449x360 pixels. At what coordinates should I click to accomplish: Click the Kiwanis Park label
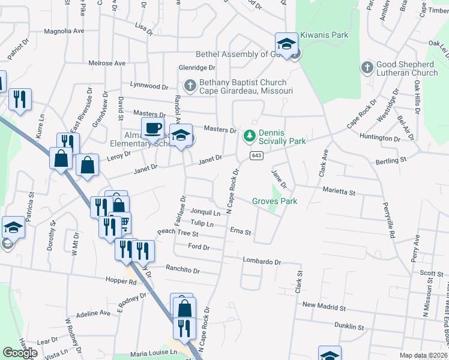coord(324,35)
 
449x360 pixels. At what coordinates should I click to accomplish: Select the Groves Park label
coord(275,202)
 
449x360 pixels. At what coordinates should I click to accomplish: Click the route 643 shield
coord(256,156)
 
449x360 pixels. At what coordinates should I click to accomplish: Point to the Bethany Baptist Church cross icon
coord(190,86)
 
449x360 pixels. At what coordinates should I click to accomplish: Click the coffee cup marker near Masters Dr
coord(152,127)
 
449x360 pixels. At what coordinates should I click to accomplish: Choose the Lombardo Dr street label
coord(262,262)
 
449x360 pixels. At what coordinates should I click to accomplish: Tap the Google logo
coord(20,352)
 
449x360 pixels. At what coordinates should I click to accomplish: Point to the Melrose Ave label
coord(107,63)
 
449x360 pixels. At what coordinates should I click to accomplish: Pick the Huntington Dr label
coord(380,138)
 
